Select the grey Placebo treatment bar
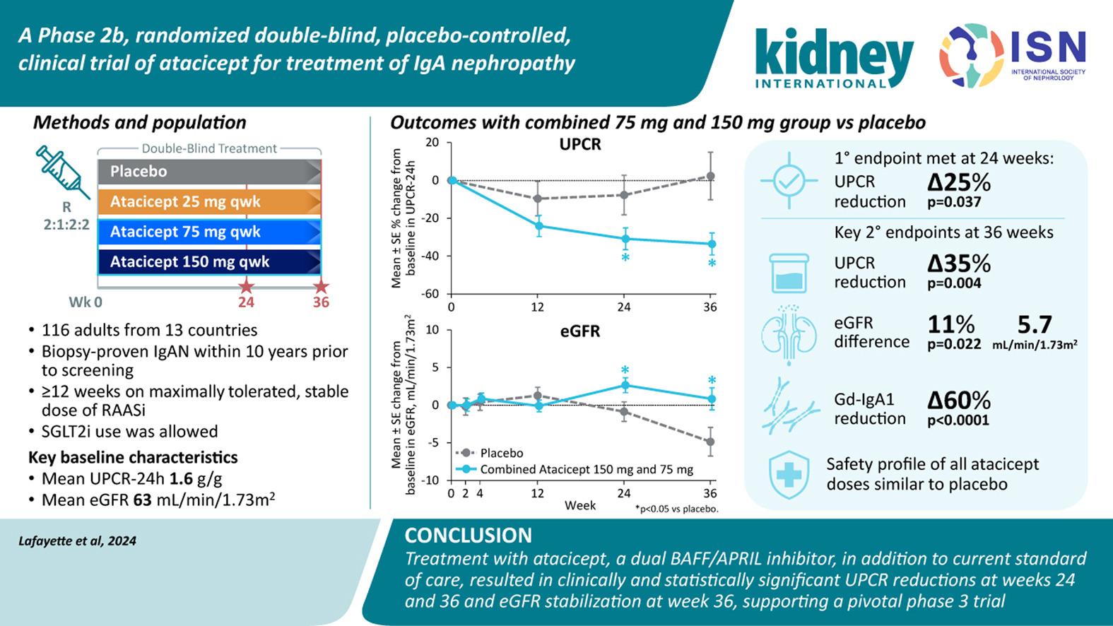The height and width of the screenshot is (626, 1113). coord(209,172)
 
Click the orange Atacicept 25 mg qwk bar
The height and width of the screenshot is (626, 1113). coord(209,202)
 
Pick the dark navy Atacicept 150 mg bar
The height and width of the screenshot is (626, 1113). coord(209,262)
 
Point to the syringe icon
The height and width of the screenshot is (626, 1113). coord(62,172)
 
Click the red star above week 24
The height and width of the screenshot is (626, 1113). coord(246,286)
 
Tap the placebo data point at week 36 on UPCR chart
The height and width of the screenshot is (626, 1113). coord(711,177)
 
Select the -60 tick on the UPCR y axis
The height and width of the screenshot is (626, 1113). coord(431,294)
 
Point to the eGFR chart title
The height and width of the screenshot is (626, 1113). coord(580,331)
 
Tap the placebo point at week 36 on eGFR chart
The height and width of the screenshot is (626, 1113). coord(710,442)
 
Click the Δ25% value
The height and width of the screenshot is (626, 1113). coord(959,183)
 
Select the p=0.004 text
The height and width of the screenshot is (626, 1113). coord(954,283)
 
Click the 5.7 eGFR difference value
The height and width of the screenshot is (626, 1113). coord(1035,325)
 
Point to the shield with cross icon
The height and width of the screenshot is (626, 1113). coord(789,474)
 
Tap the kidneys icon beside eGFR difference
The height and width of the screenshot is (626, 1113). coord(789,333)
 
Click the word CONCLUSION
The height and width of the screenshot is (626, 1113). coord(468,536)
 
